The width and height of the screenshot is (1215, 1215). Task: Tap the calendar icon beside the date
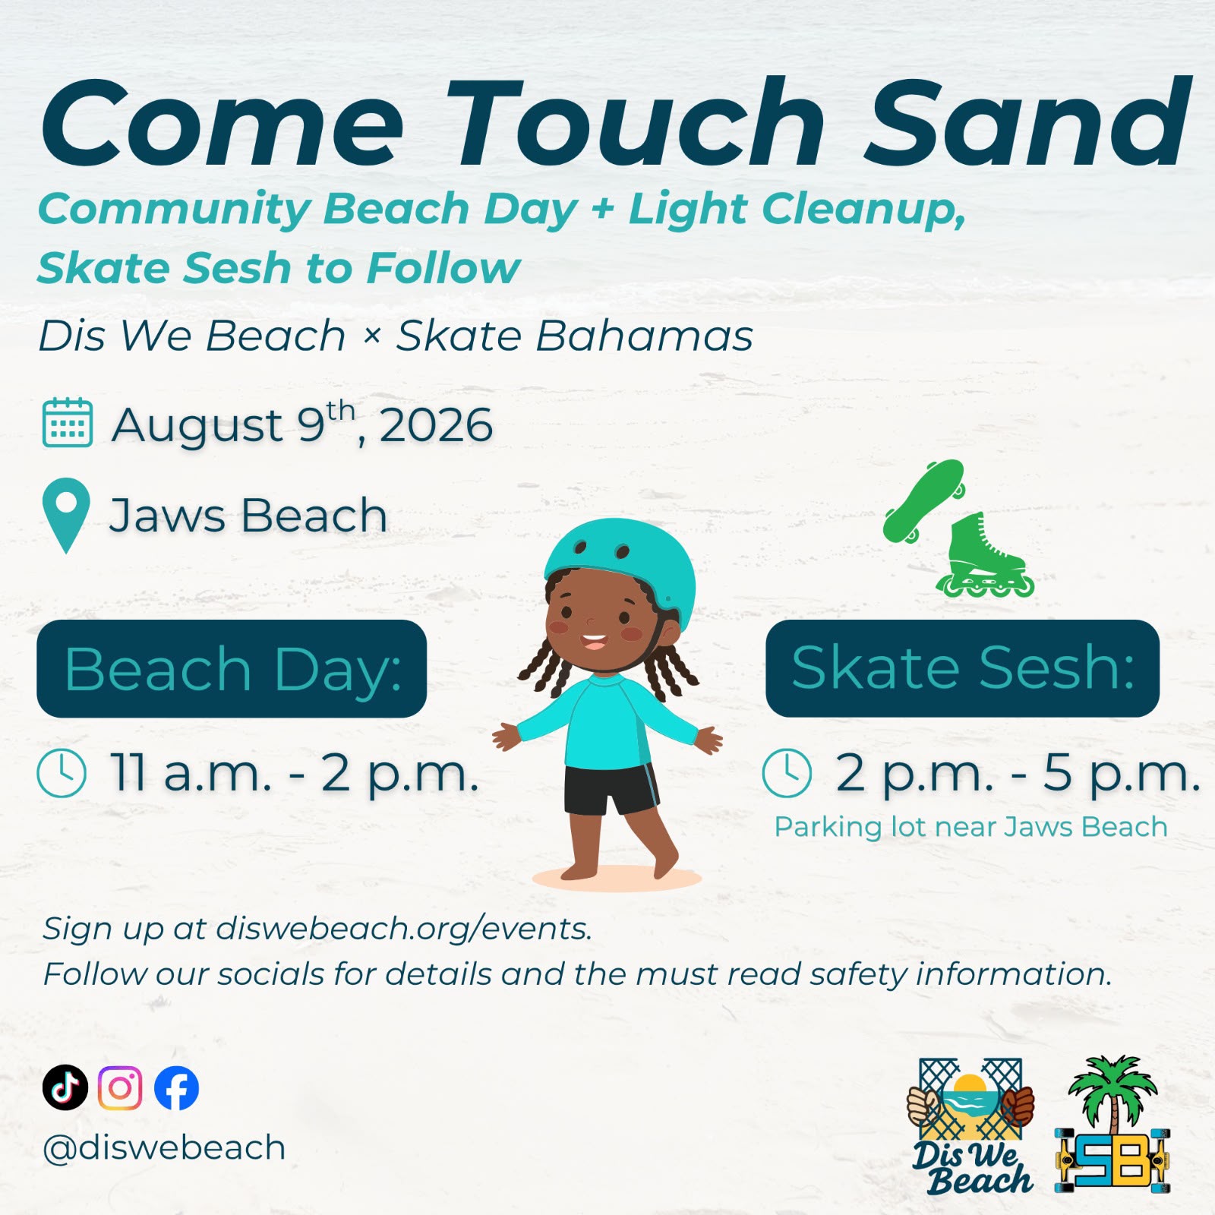(x=68, y=422)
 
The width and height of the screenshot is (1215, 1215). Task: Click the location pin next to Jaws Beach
(x=66, y=515)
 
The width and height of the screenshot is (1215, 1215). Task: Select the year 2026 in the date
(x=436, y=425)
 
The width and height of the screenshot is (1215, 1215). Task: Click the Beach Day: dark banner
(x=232, y=668)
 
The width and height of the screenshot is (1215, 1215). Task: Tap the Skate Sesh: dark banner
(x=962, y=668)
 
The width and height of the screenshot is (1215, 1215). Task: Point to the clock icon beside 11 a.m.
(x=62, y=773)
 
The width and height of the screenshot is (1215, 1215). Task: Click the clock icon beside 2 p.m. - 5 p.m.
(x=787, y=773)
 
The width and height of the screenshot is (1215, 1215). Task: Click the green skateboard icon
(x=923, y=501)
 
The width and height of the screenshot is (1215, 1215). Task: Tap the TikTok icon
(x=65, y=1087)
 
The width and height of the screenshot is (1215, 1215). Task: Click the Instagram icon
(x=120, y=1087)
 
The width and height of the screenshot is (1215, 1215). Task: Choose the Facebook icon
(x=176, y=1087)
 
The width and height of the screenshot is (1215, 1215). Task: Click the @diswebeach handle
(x=164, y=1147)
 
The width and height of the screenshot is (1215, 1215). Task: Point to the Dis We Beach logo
(x=970, y=1125)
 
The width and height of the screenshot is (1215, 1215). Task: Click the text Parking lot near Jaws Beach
(x=970, y=827)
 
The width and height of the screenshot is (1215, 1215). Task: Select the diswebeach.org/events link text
(x=403, y=929)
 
